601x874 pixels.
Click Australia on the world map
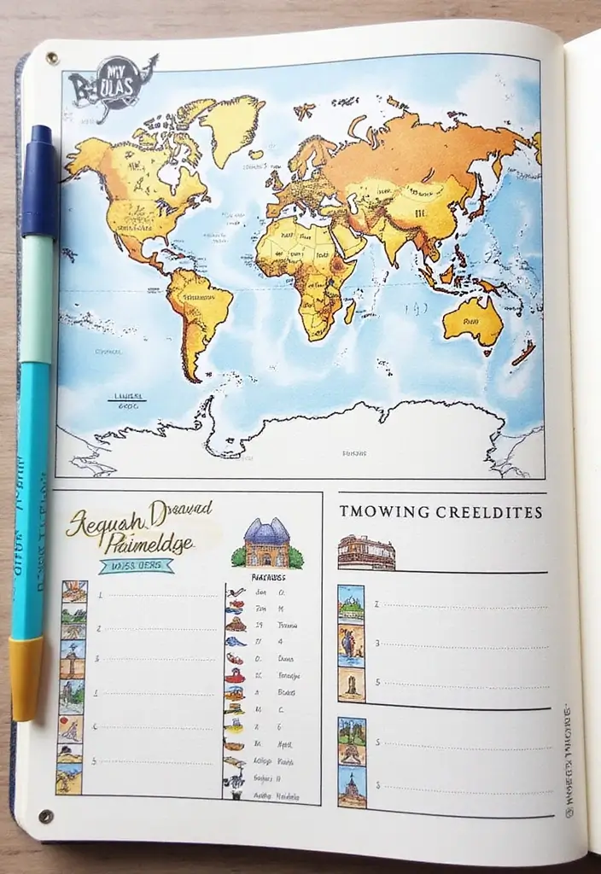point(472,321)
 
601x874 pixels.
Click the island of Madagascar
point(350,311)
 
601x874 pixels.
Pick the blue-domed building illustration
point(266,545)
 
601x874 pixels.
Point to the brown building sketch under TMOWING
point(366,553)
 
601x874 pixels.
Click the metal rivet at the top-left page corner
point(51,58)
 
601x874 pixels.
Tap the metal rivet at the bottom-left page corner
point(45,816)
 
